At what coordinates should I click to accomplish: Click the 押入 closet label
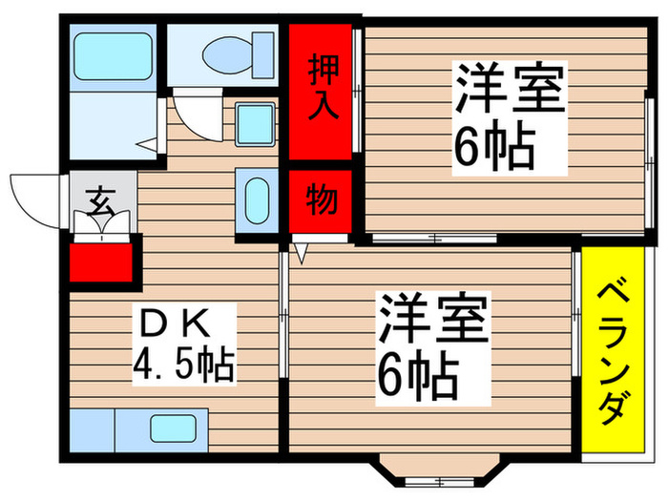click(x=322, y=88)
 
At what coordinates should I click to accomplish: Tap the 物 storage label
click(x=322, y=201)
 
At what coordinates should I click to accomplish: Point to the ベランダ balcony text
click(x=612, y=354)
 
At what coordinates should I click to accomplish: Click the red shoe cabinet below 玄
click(x=103, y=260)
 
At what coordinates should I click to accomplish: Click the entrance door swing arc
click(x=33, y=198)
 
